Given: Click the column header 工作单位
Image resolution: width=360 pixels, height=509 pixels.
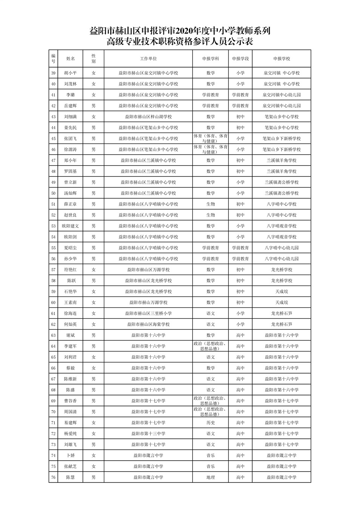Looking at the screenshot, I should click(148, 59).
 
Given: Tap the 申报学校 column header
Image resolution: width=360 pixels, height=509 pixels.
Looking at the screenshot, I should click(282, 59).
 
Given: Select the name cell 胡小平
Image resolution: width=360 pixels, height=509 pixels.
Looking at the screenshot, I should click(71, 73).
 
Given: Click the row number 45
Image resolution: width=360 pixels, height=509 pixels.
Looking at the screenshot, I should click(53, 139).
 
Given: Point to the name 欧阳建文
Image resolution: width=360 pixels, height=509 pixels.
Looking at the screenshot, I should click(71, 226).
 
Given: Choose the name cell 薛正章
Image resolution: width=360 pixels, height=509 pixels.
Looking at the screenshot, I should click(71, 204).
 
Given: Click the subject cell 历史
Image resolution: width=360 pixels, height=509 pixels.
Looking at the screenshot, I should click(211, 423).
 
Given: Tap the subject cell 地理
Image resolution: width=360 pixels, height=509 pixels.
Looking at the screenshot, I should click(211, 478).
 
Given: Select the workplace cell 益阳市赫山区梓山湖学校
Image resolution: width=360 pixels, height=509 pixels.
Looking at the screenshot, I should click(148, 117).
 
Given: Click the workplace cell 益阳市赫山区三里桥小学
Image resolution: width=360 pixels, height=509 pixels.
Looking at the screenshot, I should click(148, 314).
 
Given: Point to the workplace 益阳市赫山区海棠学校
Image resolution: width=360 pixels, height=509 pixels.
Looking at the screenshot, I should click(148, 324).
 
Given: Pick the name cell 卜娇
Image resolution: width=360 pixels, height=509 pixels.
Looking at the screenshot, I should click(71, 456).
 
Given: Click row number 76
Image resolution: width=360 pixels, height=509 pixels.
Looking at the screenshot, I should click(53, 478).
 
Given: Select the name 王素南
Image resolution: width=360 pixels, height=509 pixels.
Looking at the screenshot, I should click(71, 303).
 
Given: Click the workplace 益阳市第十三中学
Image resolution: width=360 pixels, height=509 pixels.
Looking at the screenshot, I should click(148, 434).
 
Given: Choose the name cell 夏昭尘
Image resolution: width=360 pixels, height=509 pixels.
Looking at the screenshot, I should click(71, 248).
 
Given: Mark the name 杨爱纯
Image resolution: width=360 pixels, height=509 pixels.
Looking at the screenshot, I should click(71, 434).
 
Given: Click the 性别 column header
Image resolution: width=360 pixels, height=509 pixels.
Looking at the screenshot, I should click(94, 59).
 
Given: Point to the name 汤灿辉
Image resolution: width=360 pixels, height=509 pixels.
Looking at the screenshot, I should click(71, 193).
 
